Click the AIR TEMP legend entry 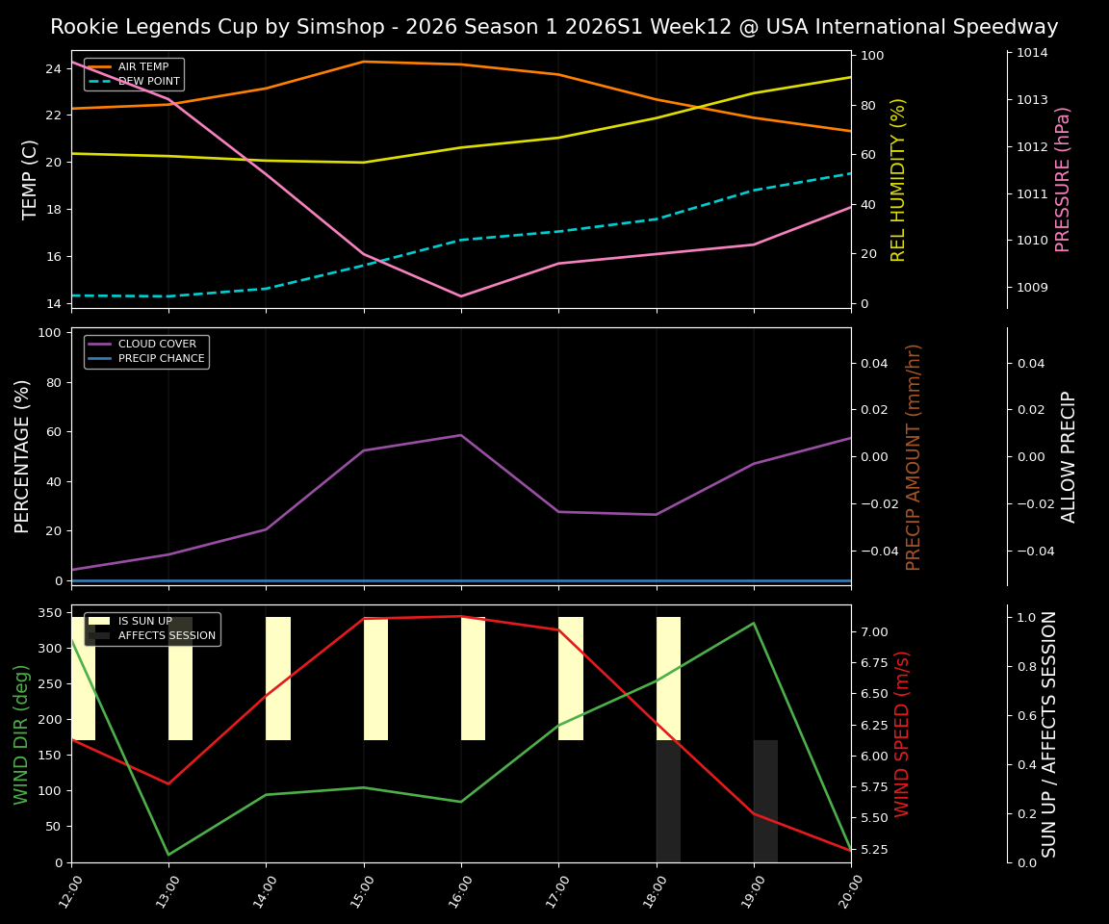click(142, 67)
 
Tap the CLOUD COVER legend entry click(157, 345)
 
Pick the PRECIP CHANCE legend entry click(161, 359)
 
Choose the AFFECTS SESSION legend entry click(166, 635)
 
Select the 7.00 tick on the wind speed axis click(875, 631)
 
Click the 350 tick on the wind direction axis click(50, 612)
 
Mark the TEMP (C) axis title click(31, 179)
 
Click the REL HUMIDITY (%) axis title click(899, 179)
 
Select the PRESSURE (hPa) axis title click(1063, 179)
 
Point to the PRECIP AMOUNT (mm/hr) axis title click(915, 456)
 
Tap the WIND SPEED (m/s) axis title click(902, 733)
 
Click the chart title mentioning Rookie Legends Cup click(554, 27)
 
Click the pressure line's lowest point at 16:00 click(461, 296)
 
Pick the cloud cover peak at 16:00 click(461, 435)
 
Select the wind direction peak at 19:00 click(754, 623)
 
